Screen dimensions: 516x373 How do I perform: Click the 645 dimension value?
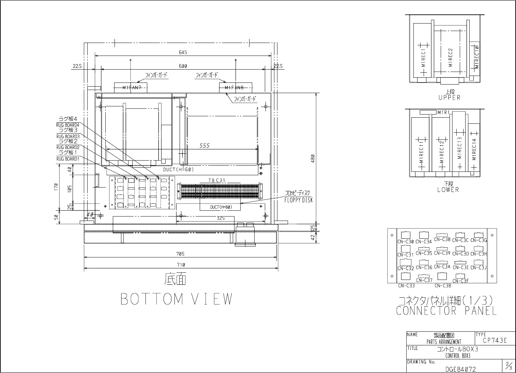[x=183, y=53]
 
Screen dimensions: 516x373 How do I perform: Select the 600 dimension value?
[x=183, y=66]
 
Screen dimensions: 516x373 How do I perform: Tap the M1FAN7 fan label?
[x=132, y=88]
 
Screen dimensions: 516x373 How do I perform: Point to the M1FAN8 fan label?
[x=234, y=88]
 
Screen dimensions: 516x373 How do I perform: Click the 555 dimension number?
[x=204, y=146]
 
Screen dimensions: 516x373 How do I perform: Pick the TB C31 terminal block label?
[x=217, y=180]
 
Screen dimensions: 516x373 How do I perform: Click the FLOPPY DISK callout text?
[x=298, y=200]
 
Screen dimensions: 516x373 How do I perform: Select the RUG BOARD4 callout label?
[x=68, y=125]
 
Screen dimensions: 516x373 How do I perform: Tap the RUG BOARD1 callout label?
[x=68, y=159]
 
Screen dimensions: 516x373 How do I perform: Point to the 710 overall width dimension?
[x=181, y=265]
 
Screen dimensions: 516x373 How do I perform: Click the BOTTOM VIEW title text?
[x=177, y=299]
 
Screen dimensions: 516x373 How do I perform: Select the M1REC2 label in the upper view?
[x=451, y=57]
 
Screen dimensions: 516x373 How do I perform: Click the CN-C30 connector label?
[x=406, y=241]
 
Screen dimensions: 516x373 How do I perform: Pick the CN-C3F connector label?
[x=460, y=281]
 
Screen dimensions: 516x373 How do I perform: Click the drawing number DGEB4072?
[x=460, y=369]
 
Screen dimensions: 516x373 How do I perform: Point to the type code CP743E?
[x=495, y=340]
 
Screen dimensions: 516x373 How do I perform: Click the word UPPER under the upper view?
[x=450, y=98]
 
